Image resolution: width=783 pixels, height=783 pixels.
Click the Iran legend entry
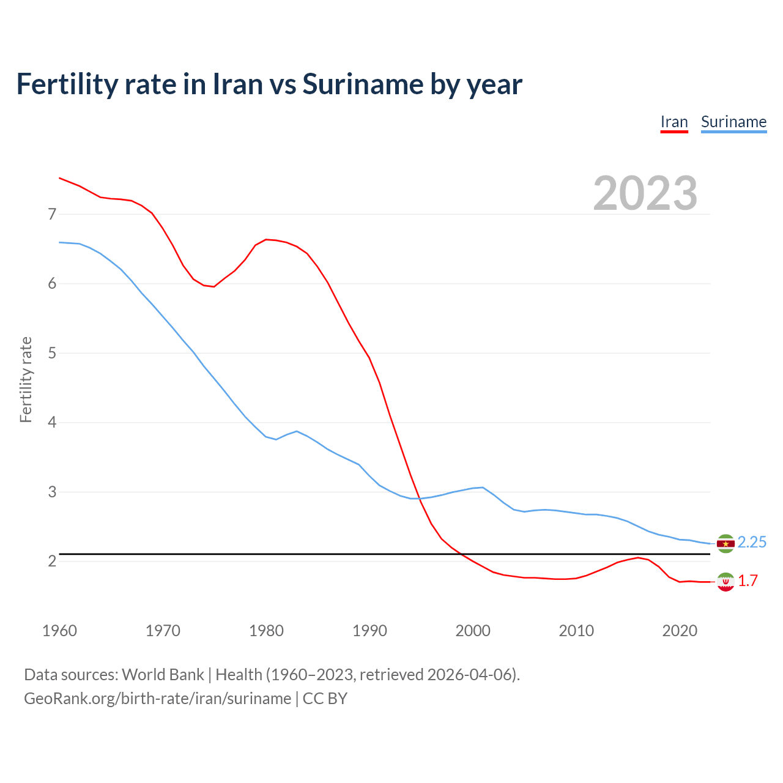pyautogui.click(x=674, y=122)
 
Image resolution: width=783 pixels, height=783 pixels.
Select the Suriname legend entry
pyautogui.click(x=733, y=122)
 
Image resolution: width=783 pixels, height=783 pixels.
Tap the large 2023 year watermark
pyautogui.click(x=645, y=193)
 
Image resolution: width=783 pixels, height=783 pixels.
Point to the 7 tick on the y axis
pyautogui.click(x=52, y=214)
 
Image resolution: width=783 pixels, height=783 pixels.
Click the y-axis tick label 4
pyautogui.click(x=52, y=422)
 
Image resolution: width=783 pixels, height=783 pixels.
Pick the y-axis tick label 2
pyautogui.click(x=52, y=561)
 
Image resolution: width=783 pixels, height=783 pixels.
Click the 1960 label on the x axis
pyautogui.click(x=59, y=631)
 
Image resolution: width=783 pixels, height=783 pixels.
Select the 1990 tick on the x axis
pyautogui.click(x=369, y=631)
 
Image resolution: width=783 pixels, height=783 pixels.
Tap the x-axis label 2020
pyautogui.click(x=680, y=631)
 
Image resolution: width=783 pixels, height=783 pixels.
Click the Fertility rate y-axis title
pyautogui.click(x=26, y=379)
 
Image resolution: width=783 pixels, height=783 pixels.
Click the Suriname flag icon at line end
pyautogui.click(x=725, y=543)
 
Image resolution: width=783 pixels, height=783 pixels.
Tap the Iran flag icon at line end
pyautogui.click(x=725, y=582)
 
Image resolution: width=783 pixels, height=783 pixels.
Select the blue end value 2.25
pyautogui.click(x=752, y=543)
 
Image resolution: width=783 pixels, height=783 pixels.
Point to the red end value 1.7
pyautogui.click(x=748, y=581)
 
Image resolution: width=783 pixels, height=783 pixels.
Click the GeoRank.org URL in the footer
pyautogui.click(x=157, y=699)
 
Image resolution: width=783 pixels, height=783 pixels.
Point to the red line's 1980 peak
pyautogui.click(x=266, y=239)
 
